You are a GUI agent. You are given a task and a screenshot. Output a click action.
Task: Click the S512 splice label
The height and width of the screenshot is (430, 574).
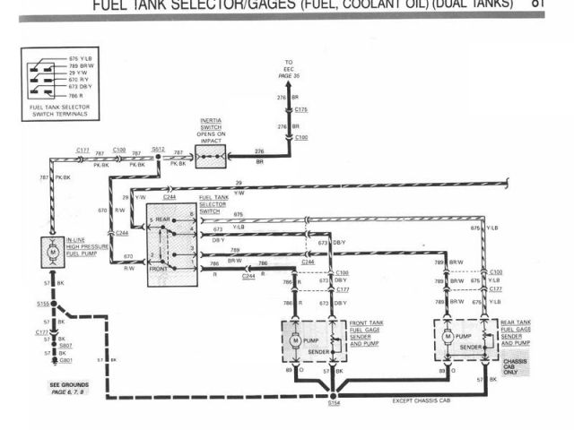point(158,149)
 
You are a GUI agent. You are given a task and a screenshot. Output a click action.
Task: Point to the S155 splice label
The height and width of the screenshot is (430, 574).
point(41,304)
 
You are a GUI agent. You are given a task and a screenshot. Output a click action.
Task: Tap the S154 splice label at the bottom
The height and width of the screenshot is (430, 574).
point(334,403)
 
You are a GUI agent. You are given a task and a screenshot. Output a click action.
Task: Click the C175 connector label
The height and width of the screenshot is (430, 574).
point(300,109)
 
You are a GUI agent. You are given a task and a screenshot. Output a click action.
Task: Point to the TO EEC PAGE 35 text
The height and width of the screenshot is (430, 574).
point(289,70)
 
